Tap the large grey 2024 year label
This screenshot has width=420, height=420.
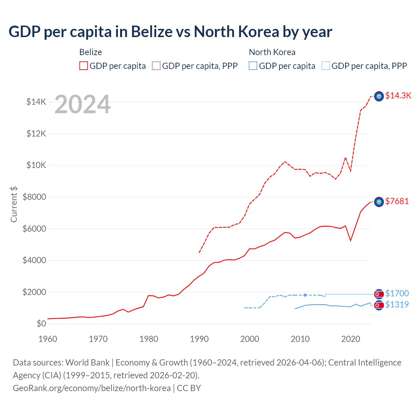coord(82,104)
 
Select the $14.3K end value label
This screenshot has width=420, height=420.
coord(398,95)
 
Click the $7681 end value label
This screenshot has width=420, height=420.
coord(397,201)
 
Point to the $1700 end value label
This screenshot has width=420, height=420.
coord(397,293)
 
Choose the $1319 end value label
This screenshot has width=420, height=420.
coord(397,304)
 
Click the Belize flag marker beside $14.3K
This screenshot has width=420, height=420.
coord(379,96)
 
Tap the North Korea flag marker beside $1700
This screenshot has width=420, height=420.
coord(379,294)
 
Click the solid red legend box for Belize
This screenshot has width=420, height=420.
coord(84,66)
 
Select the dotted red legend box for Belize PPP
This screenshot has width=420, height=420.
coord(156,66)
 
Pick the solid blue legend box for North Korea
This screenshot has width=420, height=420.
coord(253,66)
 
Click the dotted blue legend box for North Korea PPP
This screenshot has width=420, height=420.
coord(326,66)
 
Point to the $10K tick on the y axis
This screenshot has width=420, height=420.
coord(36,165)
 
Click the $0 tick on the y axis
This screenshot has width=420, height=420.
coord(41,324)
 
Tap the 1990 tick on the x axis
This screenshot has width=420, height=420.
coord(199,339)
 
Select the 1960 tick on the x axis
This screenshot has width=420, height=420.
coord(48,339)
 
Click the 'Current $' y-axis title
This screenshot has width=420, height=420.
coord(14,204)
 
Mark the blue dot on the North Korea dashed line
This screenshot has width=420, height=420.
coord(305,295)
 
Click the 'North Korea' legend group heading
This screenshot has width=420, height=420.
coord(272,52)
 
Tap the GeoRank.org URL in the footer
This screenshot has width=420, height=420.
coord(92,388)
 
